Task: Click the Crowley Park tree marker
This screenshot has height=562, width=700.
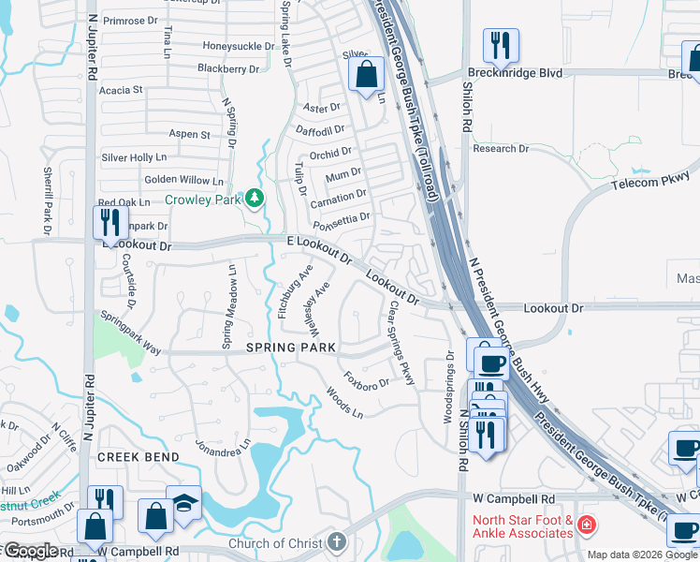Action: pyautogui.click(x=254, y=199)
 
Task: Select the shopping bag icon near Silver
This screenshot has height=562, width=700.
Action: pyautogui.click(x=368, y=74)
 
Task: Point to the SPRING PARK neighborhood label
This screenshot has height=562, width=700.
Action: pyautogui.click(x=290, y=348)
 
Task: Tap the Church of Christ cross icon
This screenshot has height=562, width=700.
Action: pyautogui.click(x=337, y=542)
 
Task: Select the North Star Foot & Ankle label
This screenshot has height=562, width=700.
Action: pyautogui.click(x=522, y=526)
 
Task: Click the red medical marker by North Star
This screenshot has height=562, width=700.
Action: pyautogui.click(x=586, y=524)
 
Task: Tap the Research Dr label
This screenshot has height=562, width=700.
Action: pyautogui.click(x=501, y=148)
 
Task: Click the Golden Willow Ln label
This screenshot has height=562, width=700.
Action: pyautogui.click(x=183, y=180)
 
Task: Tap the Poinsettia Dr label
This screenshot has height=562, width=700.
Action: pyautogui.click(x=342, y=216)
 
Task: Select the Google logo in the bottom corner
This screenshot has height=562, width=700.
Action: pyautogui.click(x=30, y=551)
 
